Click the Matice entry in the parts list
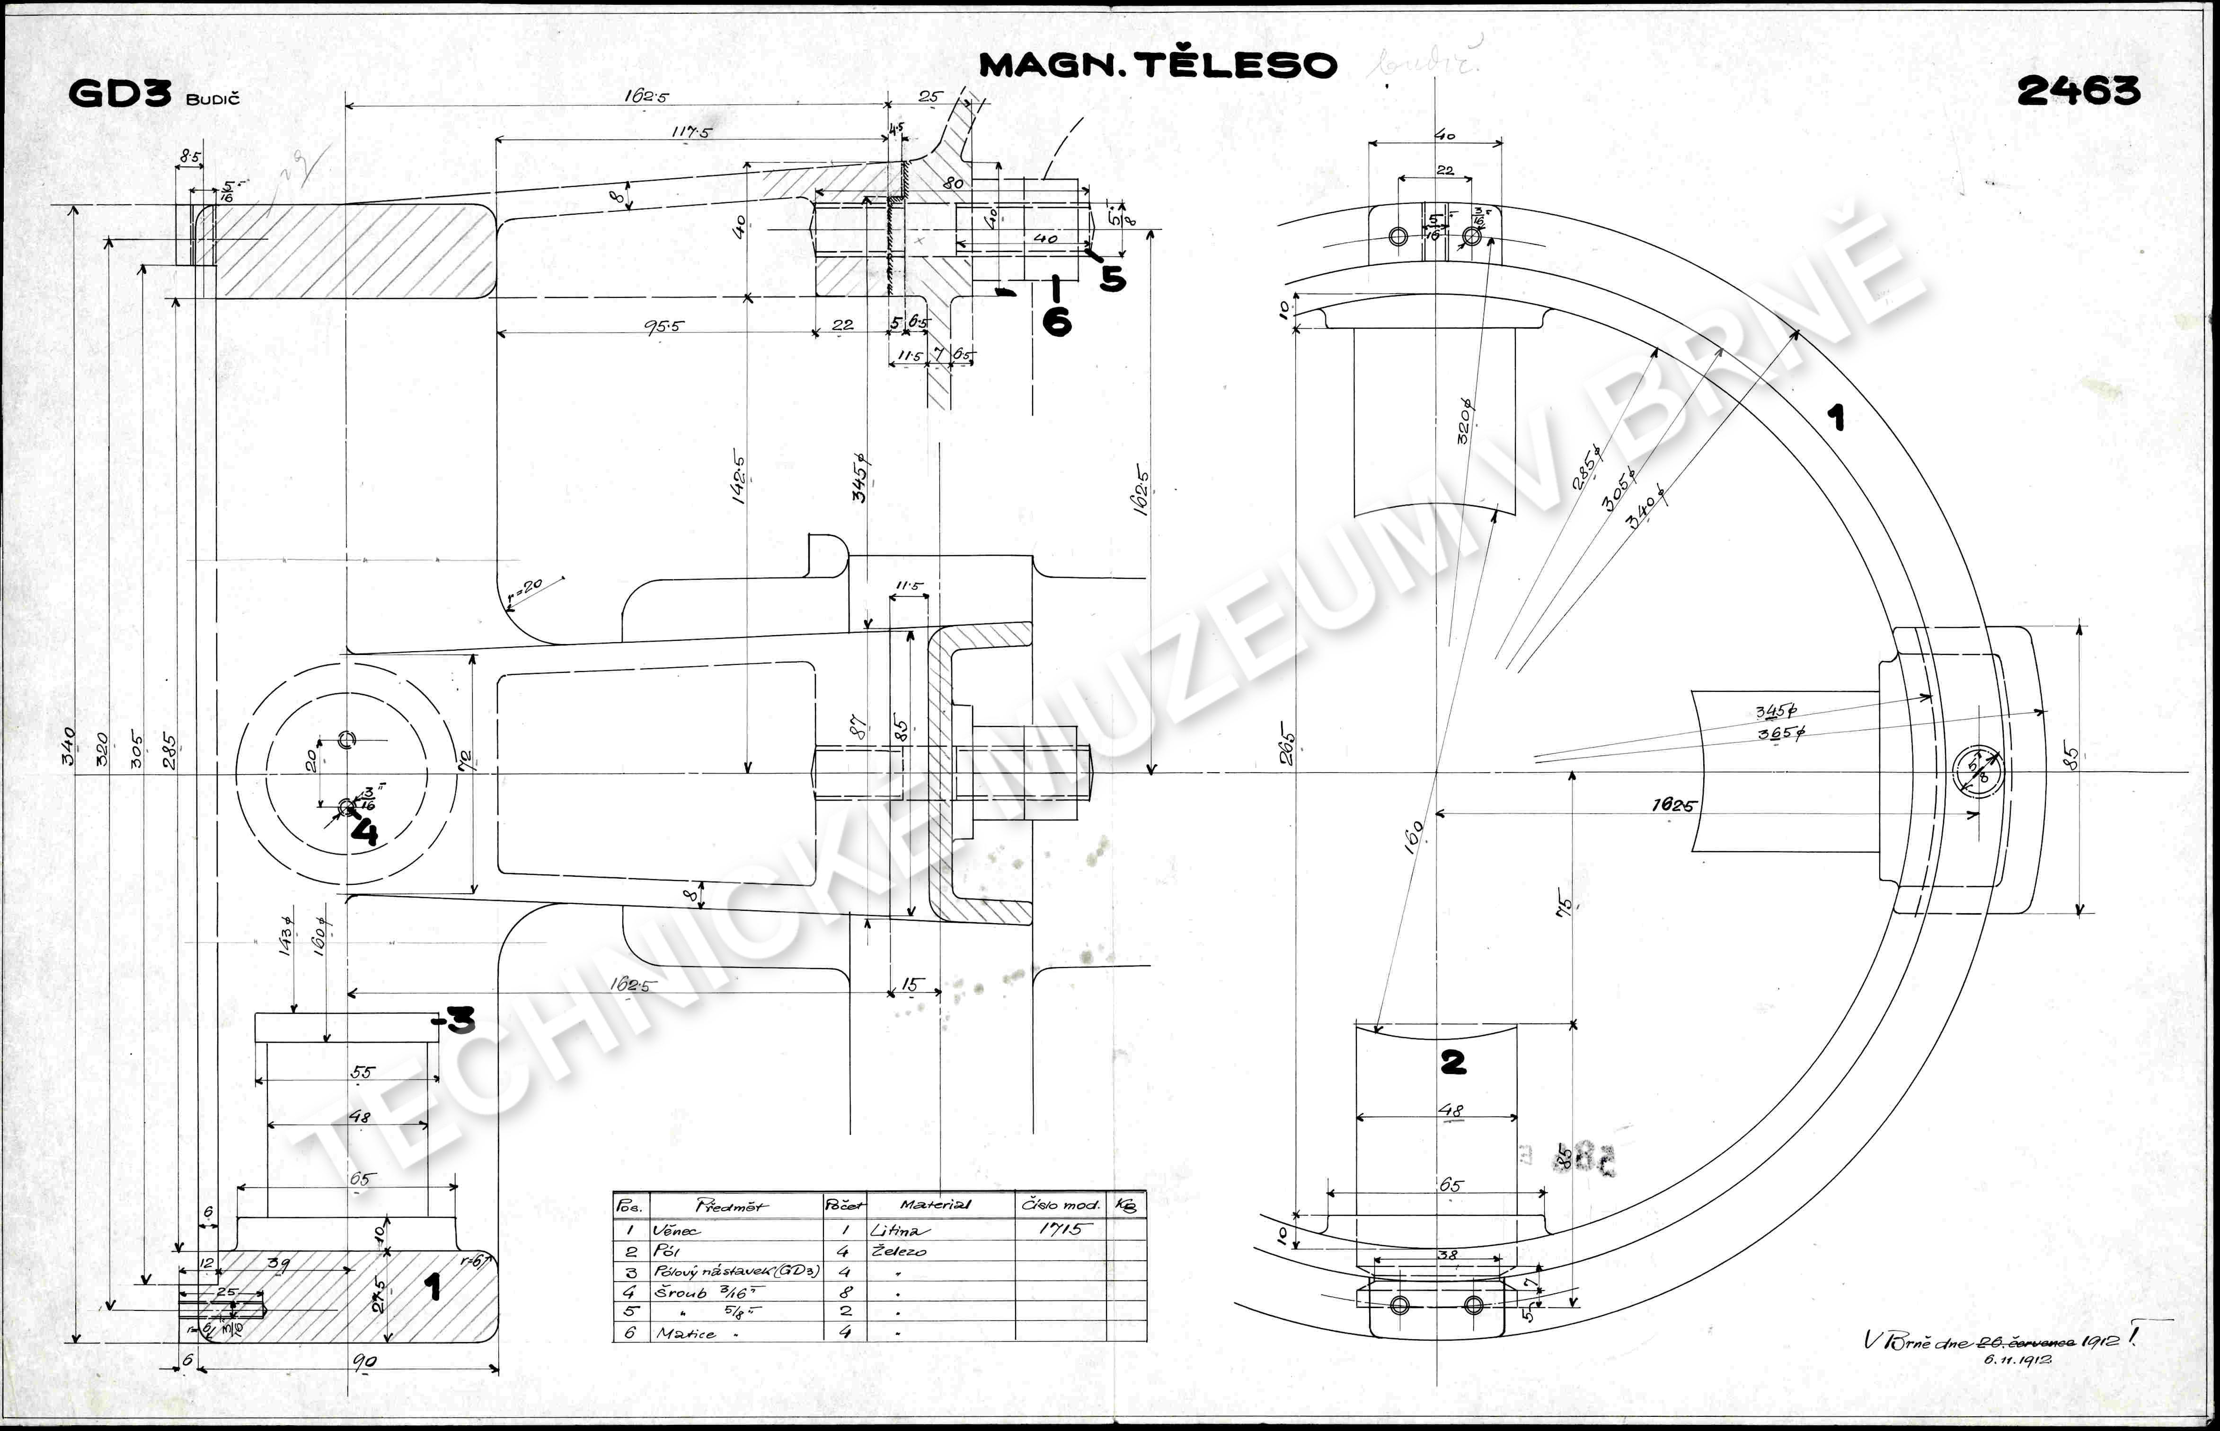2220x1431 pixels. pyautogui.click(x=686, y=1334)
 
